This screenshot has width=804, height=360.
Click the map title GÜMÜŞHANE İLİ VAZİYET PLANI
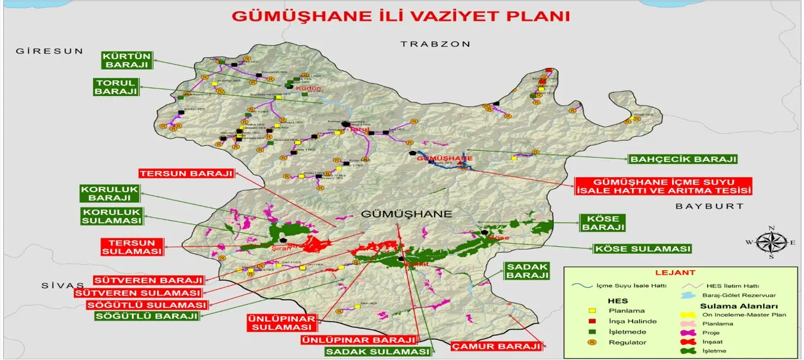401,16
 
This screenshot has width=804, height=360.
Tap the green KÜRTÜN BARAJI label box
126,60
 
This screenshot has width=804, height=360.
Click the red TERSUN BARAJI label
186,173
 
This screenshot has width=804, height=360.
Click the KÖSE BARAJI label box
602,222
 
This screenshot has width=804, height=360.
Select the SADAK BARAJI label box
527,271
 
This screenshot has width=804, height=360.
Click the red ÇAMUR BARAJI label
496,346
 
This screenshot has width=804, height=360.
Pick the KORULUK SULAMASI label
111,216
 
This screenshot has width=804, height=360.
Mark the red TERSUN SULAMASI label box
132,247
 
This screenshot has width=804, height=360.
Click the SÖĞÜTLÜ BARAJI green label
146,316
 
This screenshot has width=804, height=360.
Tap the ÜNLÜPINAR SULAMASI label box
280,322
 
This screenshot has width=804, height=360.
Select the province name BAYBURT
709,206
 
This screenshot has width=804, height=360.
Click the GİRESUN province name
50,51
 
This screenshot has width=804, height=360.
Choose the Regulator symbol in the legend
590,342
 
